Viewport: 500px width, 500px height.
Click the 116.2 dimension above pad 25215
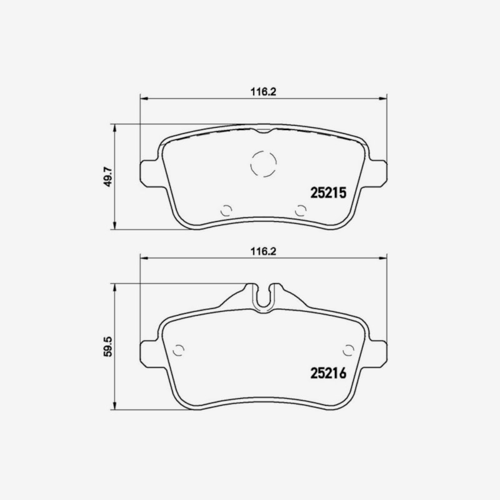tap(263, 92)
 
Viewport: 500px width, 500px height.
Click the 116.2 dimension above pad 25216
tap(263, 251)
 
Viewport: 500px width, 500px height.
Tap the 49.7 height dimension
tap(109, 176)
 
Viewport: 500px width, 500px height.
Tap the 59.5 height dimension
tap(109, 346)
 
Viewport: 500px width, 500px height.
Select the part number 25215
tap(328, 192)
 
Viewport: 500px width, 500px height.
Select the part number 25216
tap(328, 372)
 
